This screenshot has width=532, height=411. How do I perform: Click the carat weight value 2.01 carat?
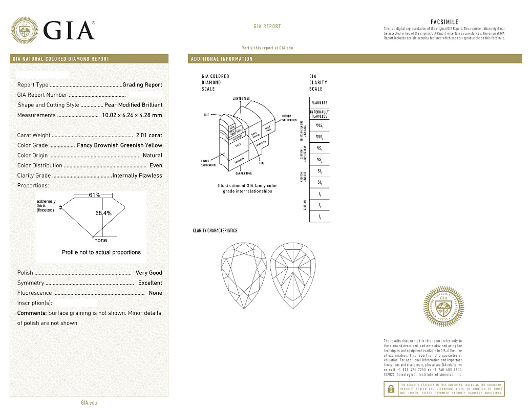[149, 136]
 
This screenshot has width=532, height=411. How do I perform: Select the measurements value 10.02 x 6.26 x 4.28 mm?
[132, 115]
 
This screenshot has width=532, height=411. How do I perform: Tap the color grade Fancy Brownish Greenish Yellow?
[119, 145]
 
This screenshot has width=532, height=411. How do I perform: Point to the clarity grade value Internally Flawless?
[137, 176]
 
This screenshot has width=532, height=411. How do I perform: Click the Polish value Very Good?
[148, 273]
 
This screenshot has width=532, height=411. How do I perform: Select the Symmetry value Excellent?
[150, 283]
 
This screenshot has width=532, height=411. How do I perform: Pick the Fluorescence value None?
[155, 293]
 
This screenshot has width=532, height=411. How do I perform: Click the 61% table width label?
[94, 196]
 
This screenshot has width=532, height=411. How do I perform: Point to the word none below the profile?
[101, 240]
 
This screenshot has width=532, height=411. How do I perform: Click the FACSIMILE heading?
[444, 22]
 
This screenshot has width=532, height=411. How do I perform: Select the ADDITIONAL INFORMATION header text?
[222, 59]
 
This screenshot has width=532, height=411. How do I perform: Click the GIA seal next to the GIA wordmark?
[24, 30]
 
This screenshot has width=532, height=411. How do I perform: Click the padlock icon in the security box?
[391, 389]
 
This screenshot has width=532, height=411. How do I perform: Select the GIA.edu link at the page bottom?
[89, 403]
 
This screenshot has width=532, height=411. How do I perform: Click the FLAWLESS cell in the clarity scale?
[319, 103]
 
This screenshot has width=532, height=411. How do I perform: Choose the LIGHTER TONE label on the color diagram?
[241, 98]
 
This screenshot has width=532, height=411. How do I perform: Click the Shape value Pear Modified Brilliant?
[133, 105]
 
